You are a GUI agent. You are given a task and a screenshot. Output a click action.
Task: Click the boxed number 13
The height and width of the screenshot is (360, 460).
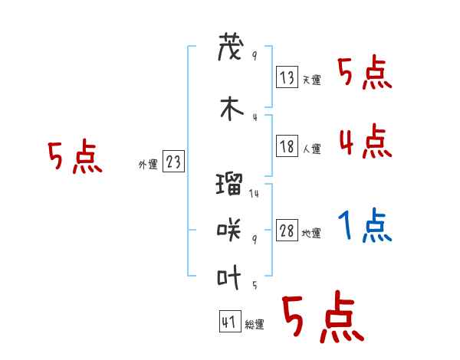click(287, 77)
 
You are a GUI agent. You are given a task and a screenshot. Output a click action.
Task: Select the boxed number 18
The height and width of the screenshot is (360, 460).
click(287, 146)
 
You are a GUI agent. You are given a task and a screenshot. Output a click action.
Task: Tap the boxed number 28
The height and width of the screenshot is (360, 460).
click(287, 231)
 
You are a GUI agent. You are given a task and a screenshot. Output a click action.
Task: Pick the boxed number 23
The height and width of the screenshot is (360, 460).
click(173, 162)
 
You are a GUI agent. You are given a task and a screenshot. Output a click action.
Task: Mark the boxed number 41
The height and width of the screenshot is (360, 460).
click(229, 322)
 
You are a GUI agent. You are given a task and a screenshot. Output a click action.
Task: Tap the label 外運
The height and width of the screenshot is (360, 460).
click(148, 165)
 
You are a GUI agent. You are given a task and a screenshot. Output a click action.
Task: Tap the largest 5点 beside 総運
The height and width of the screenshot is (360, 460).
click(322, 318)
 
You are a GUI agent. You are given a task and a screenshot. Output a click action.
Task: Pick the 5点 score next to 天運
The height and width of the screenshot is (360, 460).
click(365, 73)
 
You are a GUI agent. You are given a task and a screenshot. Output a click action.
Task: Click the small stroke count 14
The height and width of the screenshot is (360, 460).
click(254, 194)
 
